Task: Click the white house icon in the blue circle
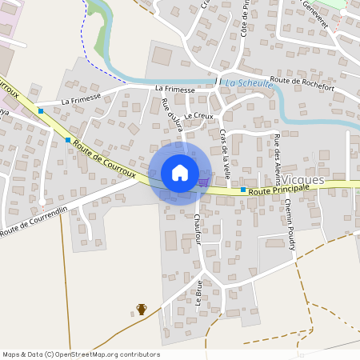pyautogui.click(x=180, y=173)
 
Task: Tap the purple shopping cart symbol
pyautogui.click(x=203, y=182)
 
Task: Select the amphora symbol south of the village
pyautogui.click(x=142, y=309)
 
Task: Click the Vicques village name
pyautogui.click(x=303, y=180)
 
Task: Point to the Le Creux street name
pyautogui.click(x=198, y=116)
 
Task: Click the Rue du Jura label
pyautogui.click(x=172, y=114)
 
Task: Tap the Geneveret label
pyautogui.click(x=316, y=11)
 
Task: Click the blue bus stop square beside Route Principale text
pyautogui.click(x=243, y=190)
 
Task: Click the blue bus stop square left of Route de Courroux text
pyautogui.click(x=68, y=139)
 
